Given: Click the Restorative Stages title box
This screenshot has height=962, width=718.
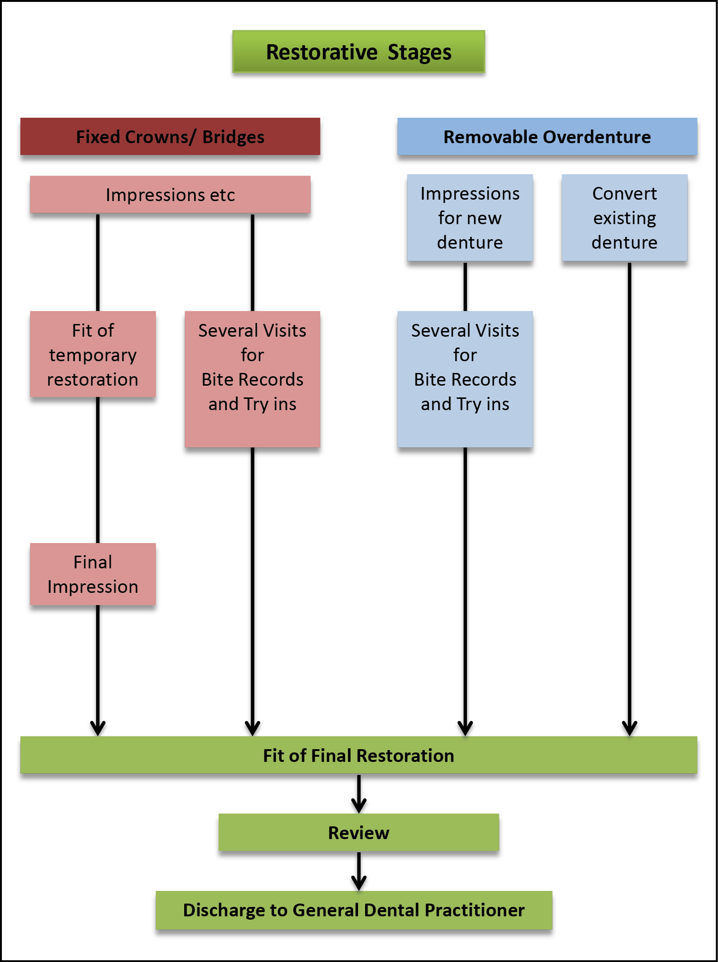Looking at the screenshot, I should pyautogui.click(x=359, y=52).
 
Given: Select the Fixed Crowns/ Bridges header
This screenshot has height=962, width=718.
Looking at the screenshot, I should pyautogui.click(x=170, y=137).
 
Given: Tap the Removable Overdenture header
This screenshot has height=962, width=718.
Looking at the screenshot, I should pyautogui.click(x=547, y=137).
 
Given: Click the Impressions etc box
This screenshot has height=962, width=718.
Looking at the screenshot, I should pyautogui.click(x=170, y=195).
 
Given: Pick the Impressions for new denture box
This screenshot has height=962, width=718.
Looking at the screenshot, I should pyautogui.click(x=470, y=218).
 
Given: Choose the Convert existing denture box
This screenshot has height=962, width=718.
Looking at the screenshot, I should pyautogui.click(x=624, y=218).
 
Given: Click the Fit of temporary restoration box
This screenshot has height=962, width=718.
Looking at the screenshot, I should pyautogui.click(x=93, y=355).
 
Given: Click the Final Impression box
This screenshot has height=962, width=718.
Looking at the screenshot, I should pyautogui.click(x=93, y=574).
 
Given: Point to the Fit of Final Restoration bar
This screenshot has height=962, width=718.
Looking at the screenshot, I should pyautogui.click(x=359, y=756).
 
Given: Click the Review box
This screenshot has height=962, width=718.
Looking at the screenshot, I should pyautogui.click(x=359, y=833).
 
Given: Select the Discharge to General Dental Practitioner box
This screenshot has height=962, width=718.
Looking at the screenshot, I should pyautogui.click(x=354, y=910).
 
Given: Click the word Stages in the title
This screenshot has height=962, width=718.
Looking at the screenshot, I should pyautogui.click(x=419, y=52).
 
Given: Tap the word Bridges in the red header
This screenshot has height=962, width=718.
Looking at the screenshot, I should pyautogui.click(x=233, y=137).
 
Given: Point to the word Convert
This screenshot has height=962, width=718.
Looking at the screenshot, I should pyautogui.click(x=624, y=194).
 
